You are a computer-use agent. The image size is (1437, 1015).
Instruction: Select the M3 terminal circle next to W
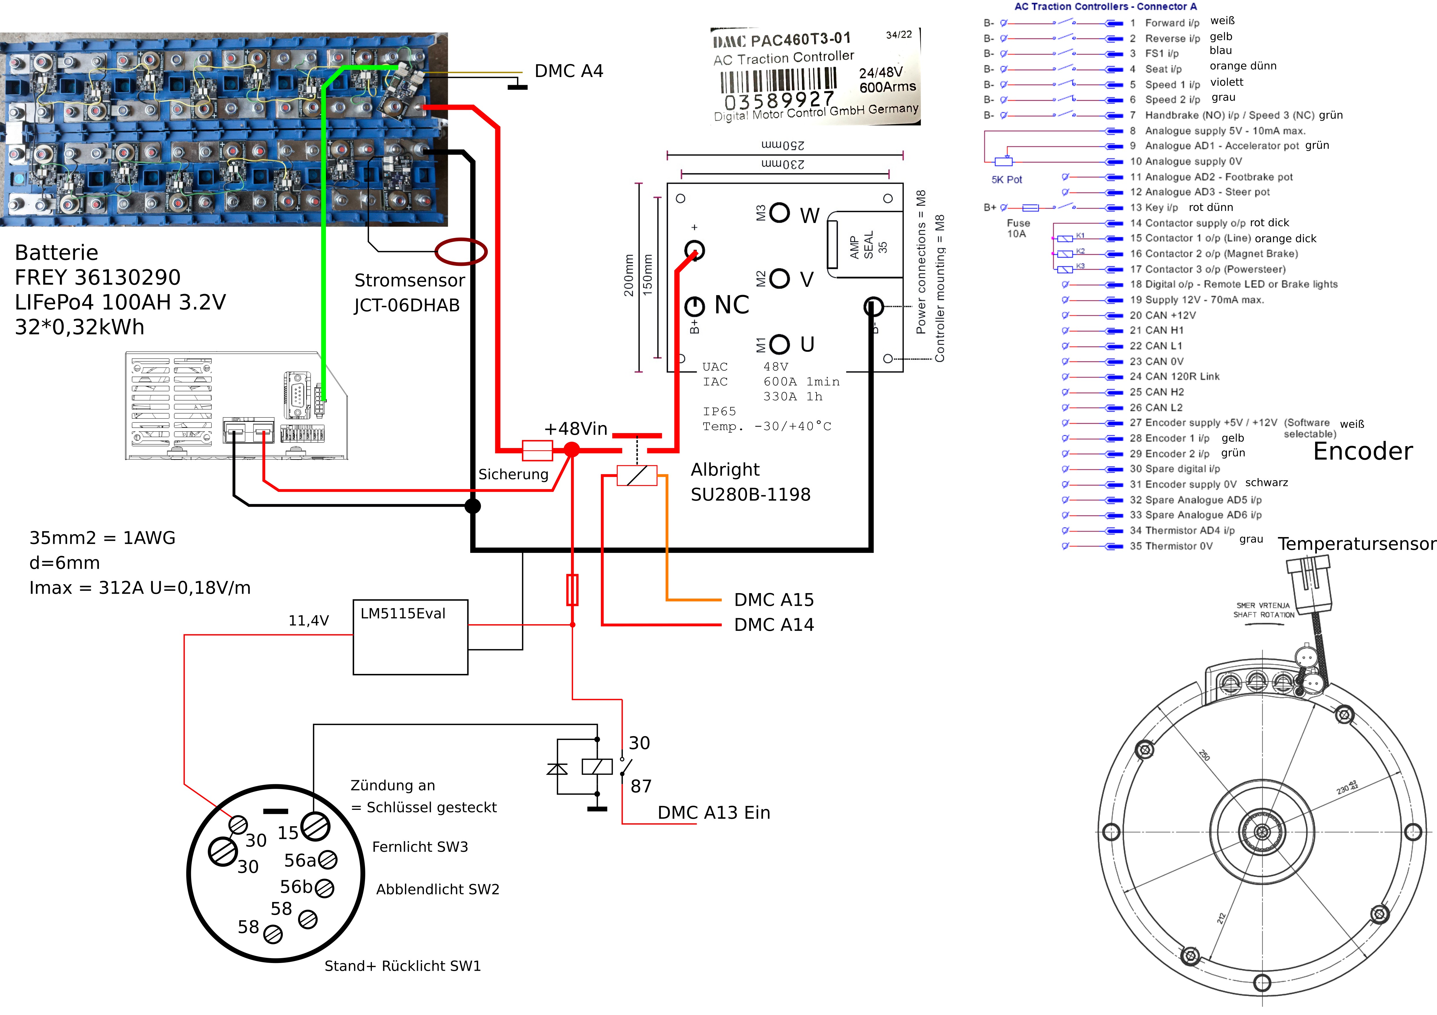779,213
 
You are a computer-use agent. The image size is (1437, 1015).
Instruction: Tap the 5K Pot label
1006,180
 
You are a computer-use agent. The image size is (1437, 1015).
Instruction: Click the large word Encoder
1363,451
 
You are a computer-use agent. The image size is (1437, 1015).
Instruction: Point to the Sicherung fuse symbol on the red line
537,450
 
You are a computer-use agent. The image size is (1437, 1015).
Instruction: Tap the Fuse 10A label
1018,228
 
